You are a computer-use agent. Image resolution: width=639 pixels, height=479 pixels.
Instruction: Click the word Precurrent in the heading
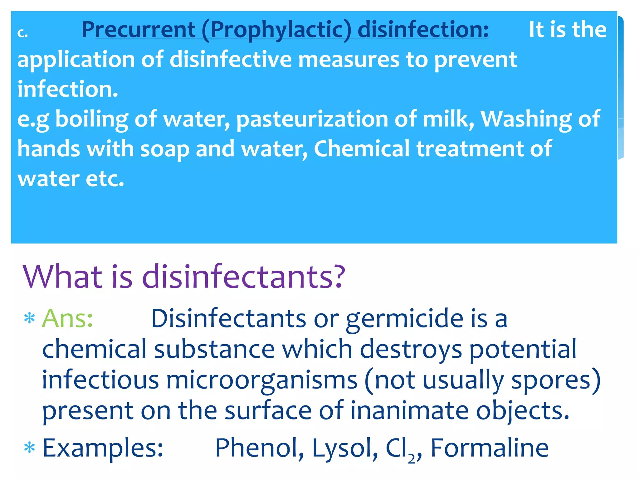click(x=138, y=30)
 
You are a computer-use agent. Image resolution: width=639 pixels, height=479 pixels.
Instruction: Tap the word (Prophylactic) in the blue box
click(x=276, y=30)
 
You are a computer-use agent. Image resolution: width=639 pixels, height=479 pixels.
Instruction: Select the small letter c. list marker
click(x=22, y=33)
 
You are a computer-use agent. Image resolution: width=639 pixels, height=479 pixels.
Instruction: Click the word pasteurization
click(x=312, y=119)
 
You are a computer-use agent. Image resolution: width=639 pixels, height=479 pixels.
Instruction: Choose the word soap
click(x=164, y=149)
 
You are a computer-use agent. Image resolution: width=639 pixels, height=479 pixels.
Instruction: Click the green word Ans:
click(x=67, y=319)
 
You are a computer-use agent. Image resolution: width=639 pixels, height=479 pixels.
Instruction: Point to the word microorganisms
click(x=262, y=380)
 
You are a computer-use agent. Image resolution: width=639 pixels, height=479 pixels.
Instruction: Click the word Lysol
click(x=345, y=448)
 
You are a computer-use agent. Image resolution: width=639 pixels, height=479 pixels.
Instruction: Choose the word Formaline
click(x=489, y=448)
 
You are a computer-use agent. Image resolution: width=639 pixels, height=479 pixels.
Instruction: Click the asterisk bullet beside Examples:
click(x=30, y=448)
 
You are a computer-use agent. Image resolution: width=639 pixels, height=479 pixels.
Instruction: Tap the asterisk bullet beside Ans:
click(x=30, y=319)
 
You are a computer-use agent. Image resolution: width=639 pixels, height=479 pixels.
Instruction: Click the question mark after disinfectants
click(x=337, y=276)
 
